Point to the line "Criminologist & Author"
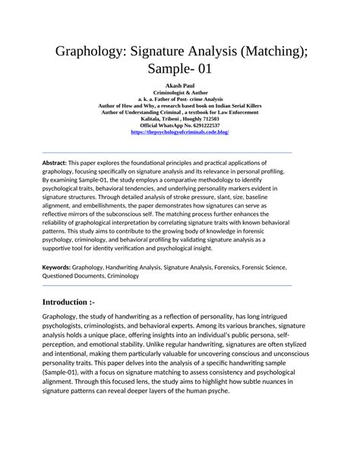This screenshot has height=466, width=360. click(x=180, y=94)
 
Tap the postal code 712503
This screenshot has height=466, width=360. click(x=210, y=119)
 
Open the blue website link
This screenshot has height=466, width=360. click(x=180, y=132)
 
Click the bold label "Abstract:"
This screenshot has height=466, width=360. click(x=55, y=163)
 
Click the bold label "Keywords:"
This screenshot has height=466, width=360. click(x=56, y=267)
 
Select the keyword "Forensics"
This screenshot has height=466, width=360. click(x=238, y=267)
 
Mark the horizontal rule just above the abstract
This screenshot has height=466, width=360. click(x=167, y=151)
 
